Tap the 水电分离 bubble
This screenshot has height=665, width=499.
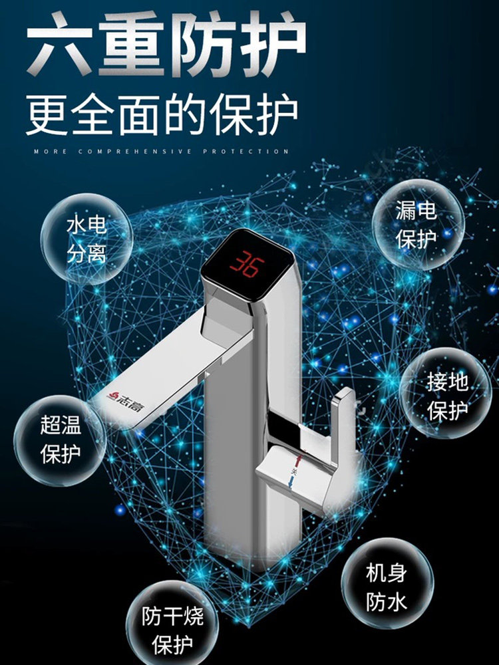click(86, 239)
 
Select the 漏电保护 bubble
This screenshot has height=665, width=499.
click(416, 225)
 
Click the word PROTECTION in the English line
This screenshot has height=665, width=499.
click(246, 152)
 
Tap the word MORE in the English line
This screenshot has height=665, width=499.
click(50, 152)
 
